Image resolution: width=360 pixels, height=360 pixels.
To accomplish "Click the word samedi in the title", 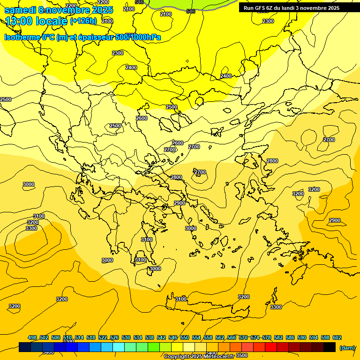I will (x=20, y=10).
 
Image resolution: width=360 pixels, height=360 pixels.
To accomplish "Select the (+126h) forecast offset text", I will (x=83, y=21).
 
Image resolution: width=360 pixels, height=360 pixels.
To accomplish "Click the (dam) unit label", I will (x=347, y=348).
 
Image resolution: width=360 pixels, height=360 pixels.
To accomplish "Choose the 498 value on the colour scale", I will (x=32, y=338).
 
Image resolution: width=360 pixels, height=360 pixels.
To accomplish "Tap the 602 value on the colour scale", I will (x=337, y=338).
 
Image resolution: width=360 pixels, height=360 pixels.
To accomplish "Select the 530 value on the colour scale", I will (x=126, y=338).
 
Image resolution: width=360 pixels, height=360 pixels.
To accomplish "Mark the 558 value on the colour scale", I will (x=208, y=338).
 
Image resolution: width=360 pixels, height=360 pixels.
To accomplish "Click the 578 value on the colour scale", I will (x=267, y=338).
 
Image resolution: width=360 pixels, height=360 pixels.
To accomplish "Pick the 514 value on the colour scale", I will (x=79, y=338).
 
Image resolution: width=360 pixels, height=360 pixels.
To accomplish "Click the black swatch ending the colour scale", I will (x=330, y=347).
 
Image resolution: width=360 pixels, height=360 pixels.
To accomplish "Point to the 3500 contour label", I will (x=242, y=355).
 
